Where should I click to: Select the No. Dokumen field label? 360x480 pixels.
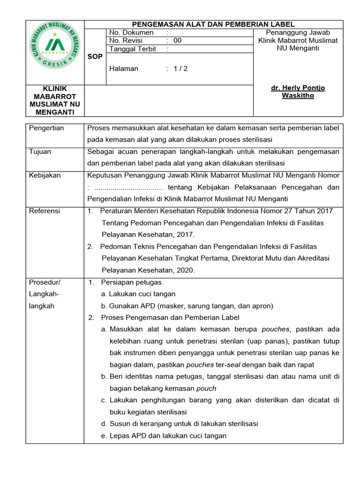pyautogui.click(x=131, y=32)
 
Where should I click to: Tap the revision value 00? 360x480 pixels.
pyautogui.click(x=177, y=40)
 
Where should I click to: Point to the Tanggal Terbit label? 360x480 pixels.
pyautogui.click(x=133, y=49)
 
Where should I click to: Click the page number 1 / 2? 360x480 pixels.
pyautogui.click(x=180, y=68)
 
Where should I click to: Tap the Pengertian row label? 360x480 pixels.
pyautogui.click(x=46, y=128)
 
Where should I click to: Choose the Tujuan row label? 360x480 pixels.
pyautogui.click(x=40, y=152)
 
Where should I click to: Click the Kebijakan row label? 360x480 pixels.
pyautogui.click(x=45, y=175)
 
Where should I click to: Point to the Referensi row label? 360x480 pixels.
pyautogui.click(x=45, y=211)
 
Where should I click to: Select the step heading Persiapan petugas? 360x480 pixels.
pyautogui.click(x=131, y=282)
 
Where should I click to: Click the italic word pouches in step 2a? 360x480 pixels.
pyautogui.click(x=276, y=329)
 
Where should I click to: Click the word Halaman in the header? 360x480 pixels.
pyautogui.click(x=123, y=68)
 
